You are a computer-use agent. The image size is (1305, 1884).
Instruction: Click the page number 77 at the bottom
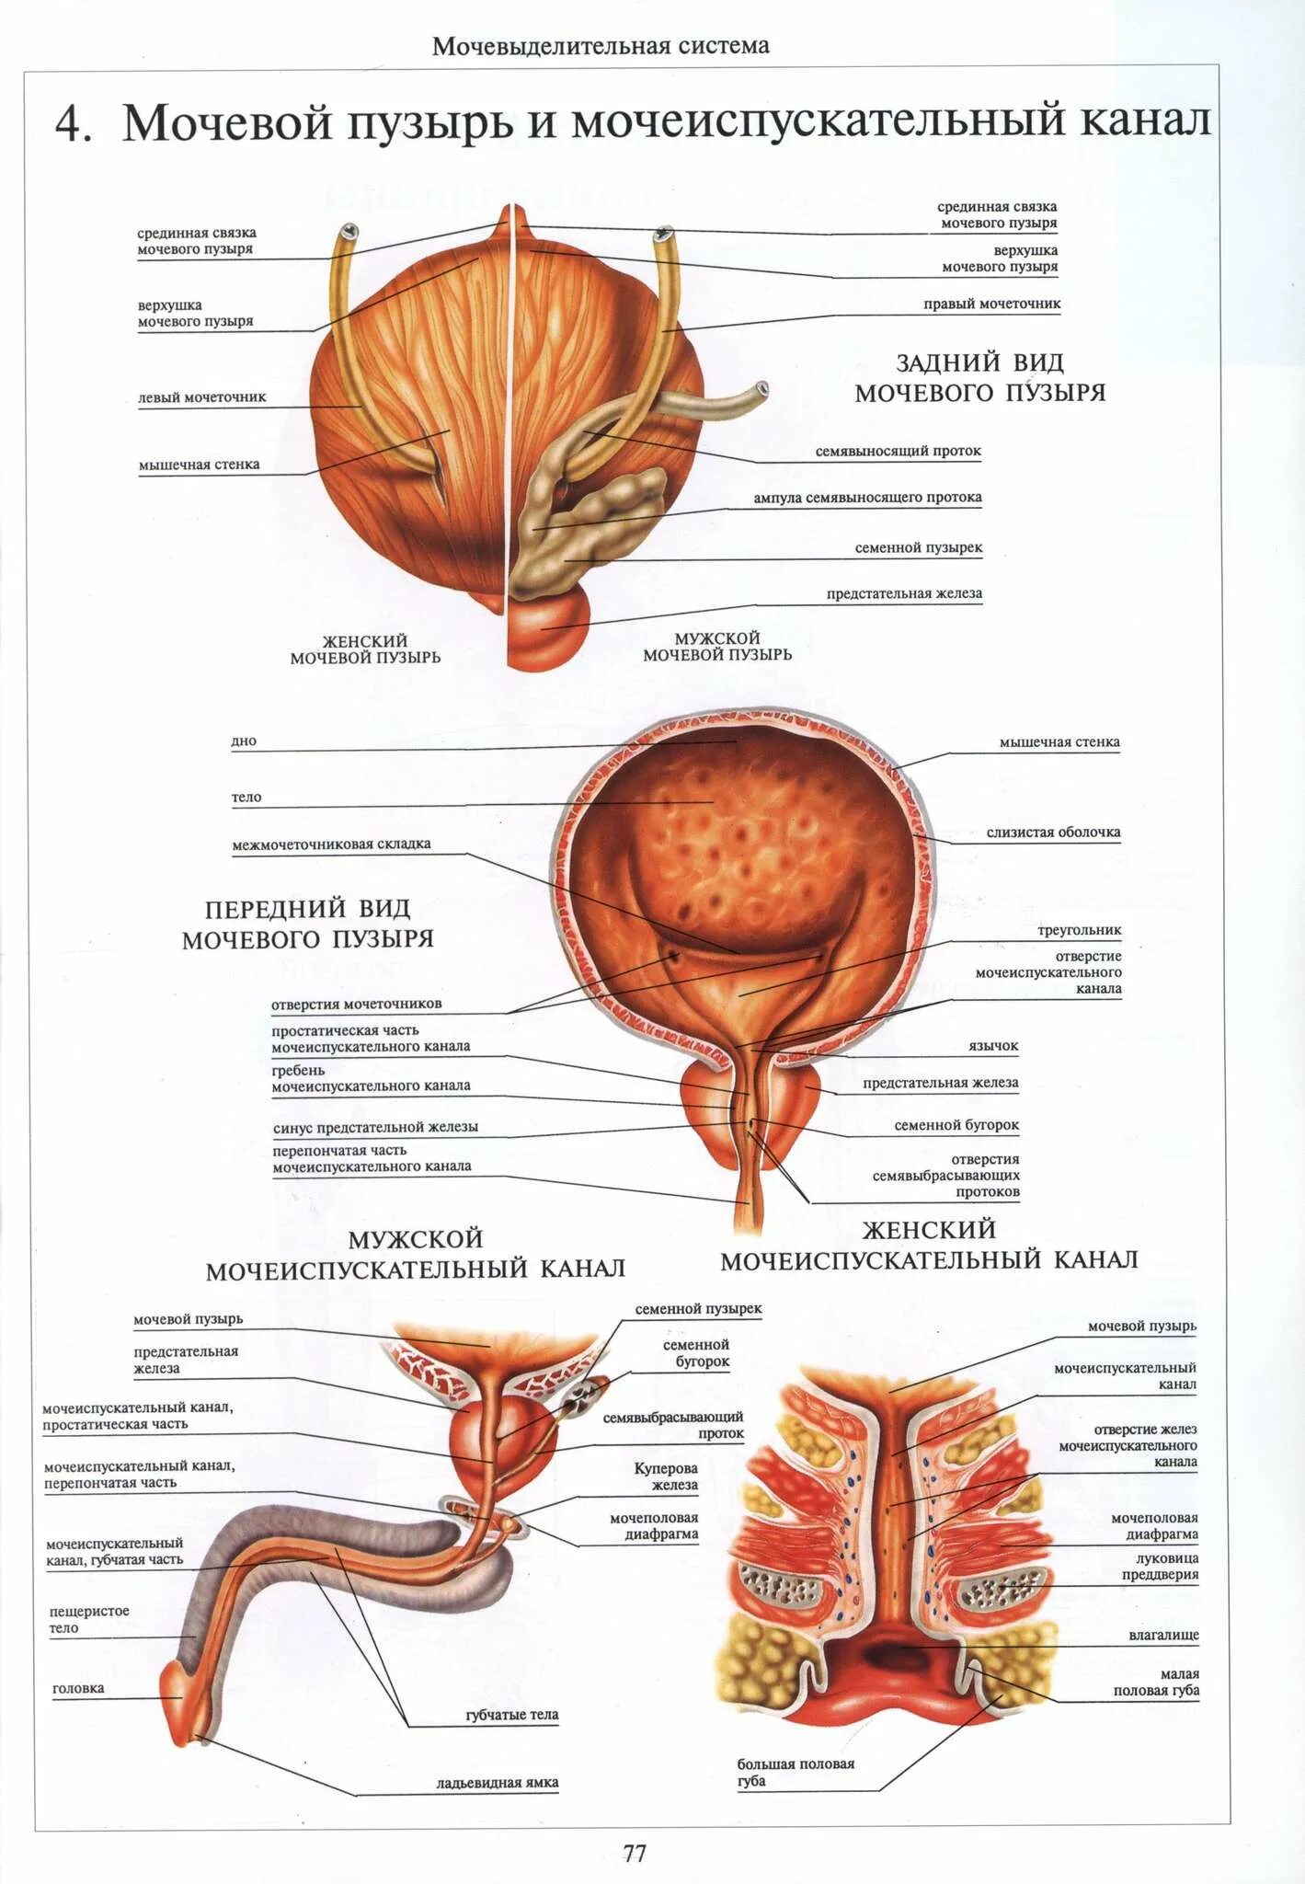point(635,1853)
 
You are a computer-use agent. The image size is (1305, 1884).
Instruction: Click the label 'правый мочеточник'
point(991,304)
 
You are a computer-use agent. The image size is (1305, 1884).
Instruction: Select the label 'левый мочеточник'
point(201,397)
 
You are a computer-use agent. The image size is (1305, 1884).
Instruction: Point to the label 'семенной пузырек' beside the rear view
point(918,547)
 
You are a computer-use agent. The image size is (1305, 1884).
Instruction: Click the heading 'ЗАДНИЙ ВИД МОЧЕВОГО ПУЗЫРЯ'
point(979,377)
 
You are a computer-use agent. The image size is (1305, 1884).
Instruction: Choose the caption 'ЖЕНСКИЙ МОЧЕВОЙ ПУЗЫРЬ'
point(365,649)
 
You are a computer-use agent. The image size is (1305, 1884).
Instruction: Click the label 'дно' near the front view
point(244,741)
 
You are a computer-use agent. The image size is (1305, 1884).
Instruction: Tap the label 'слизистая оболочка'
point(1053,833)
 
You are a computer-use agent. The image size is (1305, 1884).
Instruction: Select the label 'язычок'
point(993,1046)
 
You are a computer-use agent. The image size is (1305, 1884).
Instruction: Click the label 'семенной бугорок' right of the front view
point(956,1125)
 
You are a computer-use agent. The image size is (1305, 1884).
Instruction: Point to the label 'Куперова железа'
point(666,1476)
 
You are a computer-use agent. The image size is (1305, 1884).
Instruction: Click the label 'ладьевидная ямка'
point(497,1783)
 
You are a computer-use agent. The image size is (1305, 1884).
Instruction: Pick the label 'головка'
point(78,1688)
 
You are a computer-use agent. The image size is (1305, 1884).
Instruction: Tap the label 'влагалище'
point(1163,1636)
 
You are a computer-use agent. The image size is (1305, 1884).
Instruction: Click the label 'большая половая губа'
point(796,1772)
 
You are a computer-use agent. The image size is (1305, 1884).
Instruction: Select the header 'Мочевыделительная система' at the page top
point(601,46)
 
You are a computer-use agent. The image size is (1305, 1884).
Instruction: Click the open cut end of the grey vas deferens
point(761,389)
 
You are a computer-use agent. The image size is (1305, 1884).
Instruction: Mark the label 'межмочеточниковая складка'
point(331,844)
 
